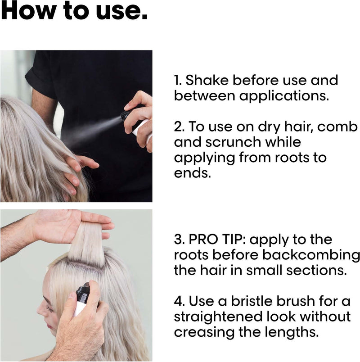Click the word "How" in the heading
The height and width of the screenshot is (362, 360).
coord(29,11)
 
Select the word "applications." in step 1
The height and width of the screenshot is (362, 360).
coord(284,96)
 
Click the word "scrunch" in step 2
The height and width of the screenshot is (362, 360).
coord(233,142)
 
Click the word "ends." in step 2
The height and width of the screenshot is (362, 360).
coord(193,173)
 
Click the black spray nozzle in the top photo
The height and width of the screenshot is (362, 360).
coord(125,115)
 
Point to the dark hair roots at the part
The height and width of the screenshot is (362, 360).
coord(85,266)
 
